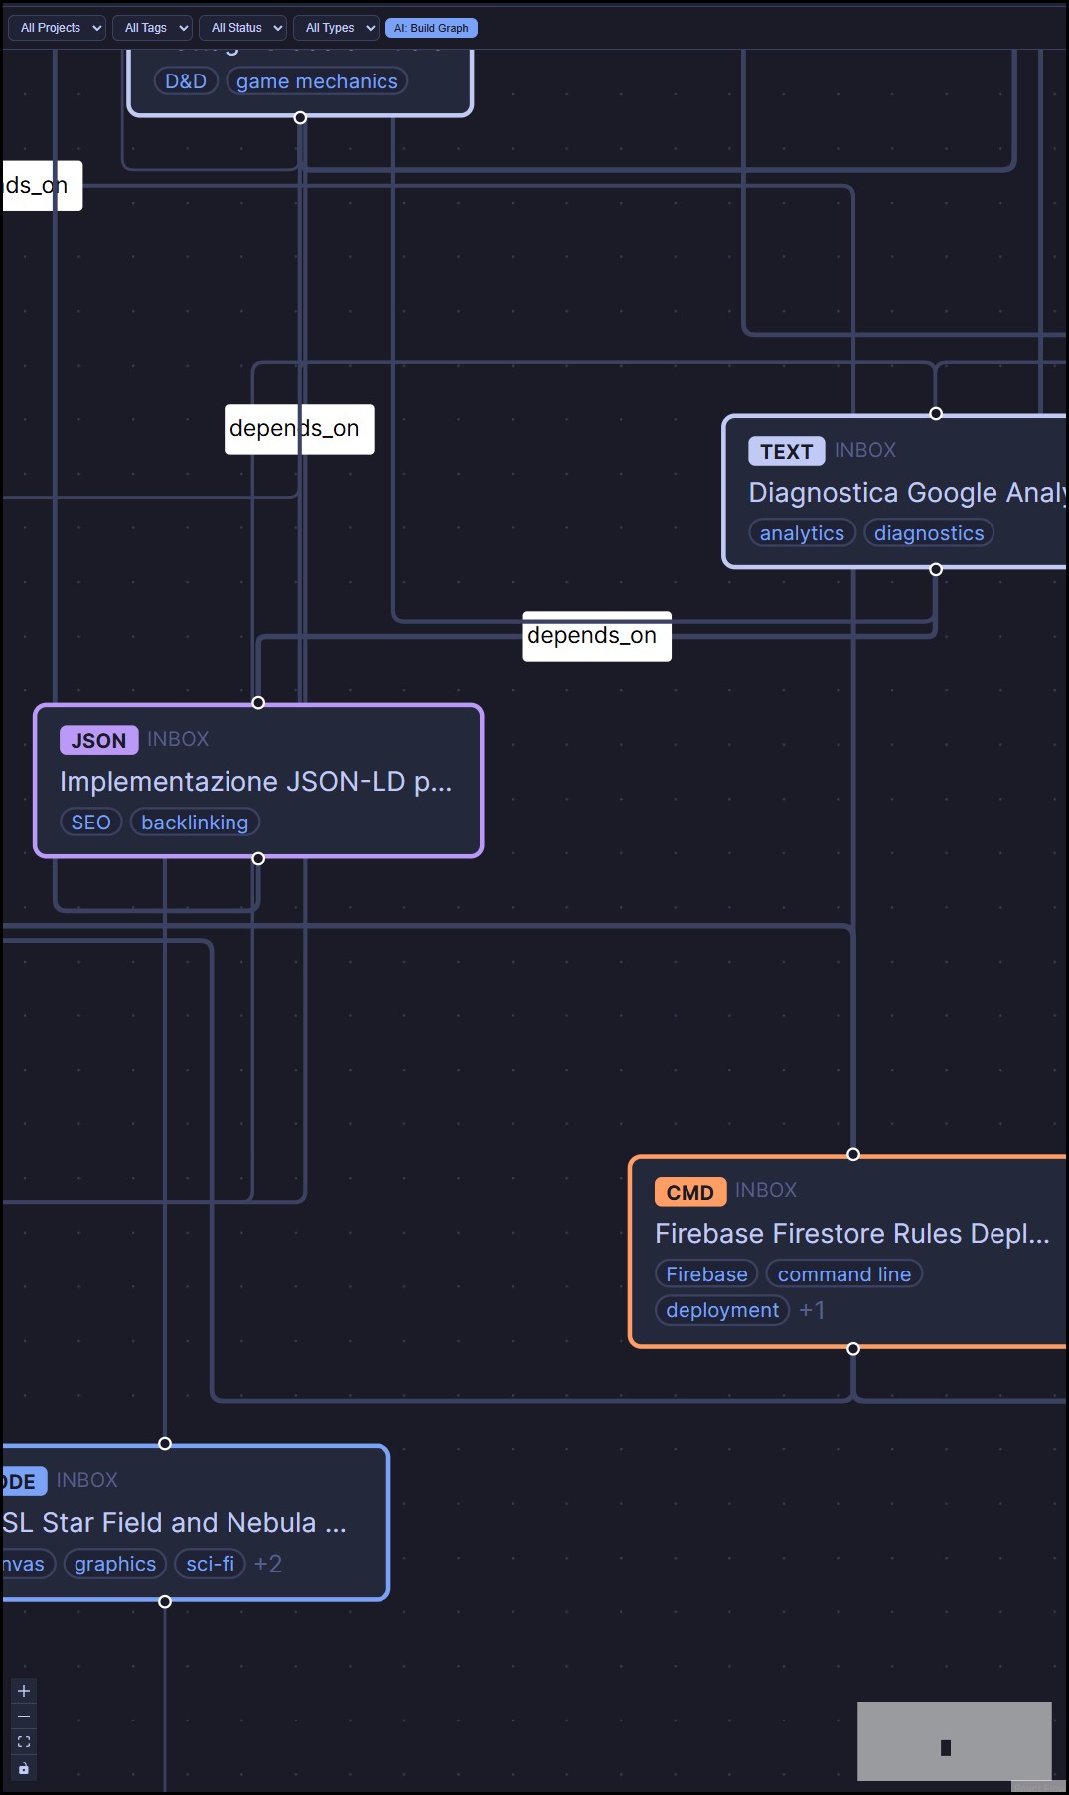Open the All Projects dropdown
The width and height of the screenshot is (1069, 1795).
(x=57, y=28)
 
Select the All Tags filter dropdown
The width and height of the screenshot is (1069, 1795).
(x=151, y=28)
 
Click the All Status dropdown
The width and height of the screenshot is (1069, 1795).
(x=242, y=28)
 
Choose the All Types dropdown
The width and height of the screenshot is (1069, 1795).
(x=336, y=28)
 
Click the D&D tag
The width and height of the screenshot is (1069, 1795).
(x=186, y=81)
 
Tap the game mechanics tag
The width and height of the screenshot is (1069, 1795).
(x=317, y=81)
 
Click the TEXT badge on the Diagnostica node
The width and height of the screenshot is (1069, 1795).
(x=786, y=451)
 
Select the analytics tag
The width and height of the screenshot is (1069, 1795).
(x=802, y=533)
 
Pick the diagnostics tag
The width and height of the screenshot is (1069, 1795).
(x=929, y=533)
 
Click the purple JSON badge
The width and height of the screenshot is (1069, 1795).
(x=98, y=740)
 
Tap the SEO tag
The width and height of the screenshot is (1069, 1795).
(x=90, y=823)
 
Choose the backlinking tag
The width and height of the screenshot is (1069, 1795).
(x=195, y=823)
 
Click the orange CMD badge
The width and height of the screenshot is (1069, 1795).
(x=689, y=1192)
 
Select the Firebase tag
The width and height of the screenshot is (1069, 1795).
(x=706, y=1274)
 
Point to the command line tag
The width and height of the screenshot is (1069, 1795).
(x=843, y=1274)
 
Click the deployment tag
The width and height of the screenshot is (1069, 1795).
(x=722, y=1310)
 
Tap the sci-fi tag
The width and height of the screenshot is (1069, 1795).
(x=210, y=1564)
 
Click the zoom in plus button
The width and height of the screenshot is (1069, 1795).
(x=24, y=1691)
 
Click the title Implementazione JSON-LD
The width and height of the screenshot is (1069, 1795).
(x=255, y=782)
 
